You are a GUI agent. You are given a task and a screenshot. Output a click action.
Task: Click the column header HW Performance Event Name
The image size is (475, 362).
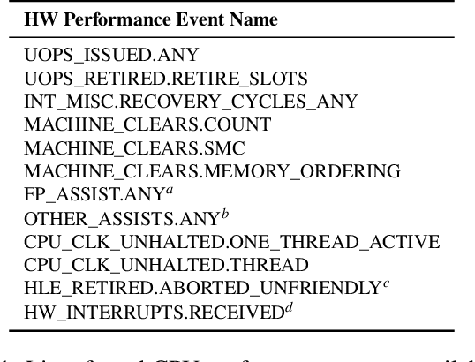coord(127,19)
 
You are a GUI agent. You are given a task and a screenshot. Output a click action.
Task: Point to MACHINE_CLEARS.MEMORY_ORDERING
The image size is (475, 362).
coord(200,170)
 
